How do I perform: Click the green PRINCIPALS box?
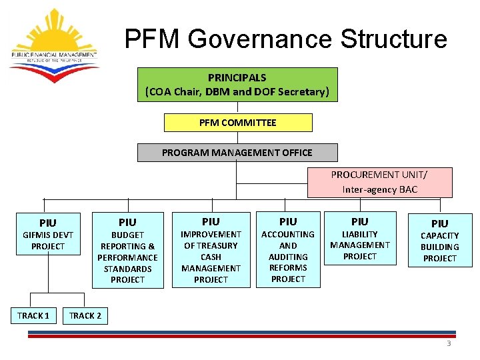pyautogui.click(x=237, y=85)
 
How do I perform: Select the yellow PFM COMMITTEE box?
pyautogui.click(x=237, y=123)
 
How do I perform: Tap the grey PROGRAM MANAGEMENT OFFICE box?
pyautogui.click(x=237, y=153)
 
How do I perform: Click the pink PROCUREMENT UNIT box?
pyautogui.click(x=379, y=182)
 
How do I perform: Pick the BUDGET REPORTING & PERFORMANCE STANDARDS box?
pyautogui.click(x=127, y=249)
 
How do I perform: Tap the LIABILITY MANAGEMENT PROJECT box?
pyautogui.click(x=359, y=238)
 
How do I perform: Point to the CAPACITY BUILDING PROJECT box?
pyautogui.click(x=440, y=240)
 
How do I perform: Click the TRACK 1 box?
pyautogui.click(x=33, y=315)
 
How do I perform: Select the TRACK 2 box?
pyautogui.click(x=85, y=315)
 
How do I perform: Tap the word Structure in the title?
pyautogui.click(x=393, y=39)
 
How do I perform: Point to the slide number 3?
pyautogui.click(x=449, y=343)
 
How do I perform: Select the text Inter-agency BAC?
pyautogui.click(x=379, y=189)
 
